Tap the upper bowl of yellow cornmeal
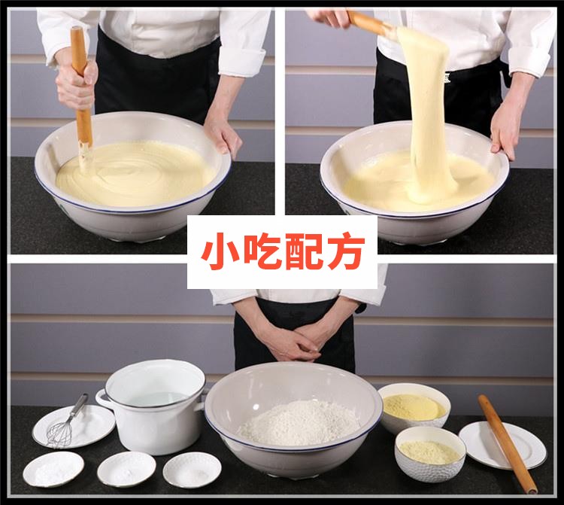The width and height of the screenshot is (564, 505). [x=413, y=407]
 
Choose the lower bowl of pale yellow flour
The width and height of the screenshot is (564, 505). [x=429, y=452]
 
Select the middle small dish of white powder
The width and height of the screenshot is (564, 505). [x=126, y=468]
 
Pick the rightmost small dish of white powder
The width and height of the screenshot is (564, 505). [x=192, y=469]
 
